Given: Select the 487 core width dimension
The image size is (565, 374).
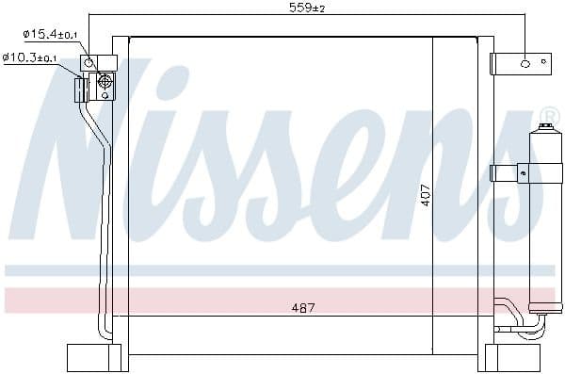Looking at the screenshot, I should [303, 308].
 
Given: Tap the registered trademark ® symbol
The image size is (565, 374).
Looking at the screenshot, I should [548, 116].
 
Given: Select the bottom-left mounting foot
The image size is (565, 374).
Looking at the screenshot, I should [94, 357].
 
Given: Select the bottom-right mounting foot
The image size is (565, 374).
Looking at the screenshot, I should [512, 357].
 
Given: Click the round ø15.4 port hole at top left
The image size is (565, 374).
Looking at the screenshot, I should [89, 62].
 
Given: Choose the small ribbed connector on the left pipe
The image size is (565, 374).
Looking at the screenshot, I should [80, 89].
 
